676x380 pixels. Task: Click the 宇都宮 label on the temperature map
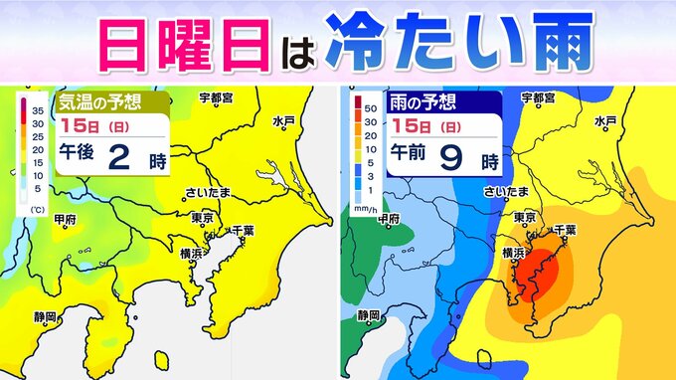214,97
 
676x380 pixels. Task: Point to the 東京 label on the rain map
527,217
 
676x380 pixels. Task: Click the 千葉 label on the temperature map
243,231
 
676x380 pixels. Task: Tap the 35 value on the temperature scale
38,107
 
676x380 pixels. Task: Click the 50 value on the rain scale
370,102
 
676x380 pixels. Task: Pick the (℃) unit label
37,208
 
